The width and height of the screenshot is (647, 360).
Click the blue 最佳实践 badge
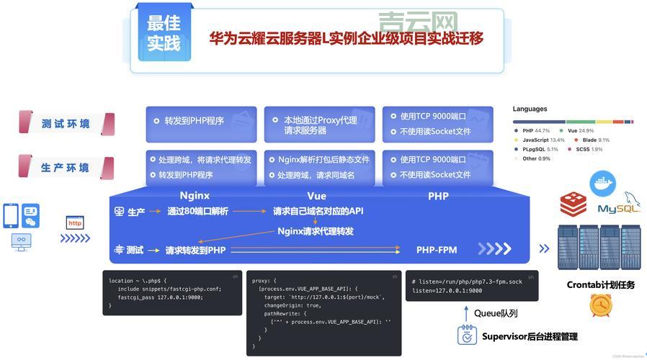[x=164, y=34]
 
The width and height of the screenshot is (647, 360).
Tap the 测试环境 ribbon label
[x=66, y=124]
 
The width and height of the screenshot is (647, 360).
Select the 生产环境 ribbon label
[x=66, y=168]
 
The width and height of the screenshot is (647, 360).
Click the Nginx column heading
[x=195, y=196]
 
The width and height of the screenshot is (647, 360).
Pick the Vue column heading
[x=316, y=196]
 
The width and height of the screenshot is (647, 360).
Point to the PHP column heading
[x=438, y=196]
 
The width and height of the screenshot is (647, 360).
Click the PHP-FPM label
[x=437, y=250]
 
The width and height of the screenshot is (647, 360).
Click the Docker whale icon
[x=602, y=184]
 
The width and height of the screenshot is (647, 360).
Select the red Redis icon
[x=574, y=204]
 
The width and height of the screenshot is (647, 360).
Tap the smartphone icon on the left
[x=11, y=215]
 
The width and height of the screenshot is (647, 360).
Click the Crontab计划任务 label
[x=600, y=284]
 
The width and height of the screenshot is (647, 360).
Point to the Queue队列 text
[x=496, y=313]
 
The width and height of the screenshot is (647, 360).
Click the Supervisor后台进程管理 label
[x=530, y=336]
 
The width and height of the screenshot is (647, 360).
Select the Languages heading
[x=530, y=109]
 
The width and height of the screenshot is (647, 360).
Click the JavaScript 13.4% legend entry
[x=541, y=140]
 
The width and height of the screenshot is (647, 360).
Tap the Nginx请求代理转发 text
[x=316, y=231]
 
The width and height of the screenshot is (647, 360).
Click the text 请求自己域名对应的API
[x=318, y=212]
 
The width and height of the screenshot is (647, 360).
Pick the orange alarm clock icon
[x=600, y=306]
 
